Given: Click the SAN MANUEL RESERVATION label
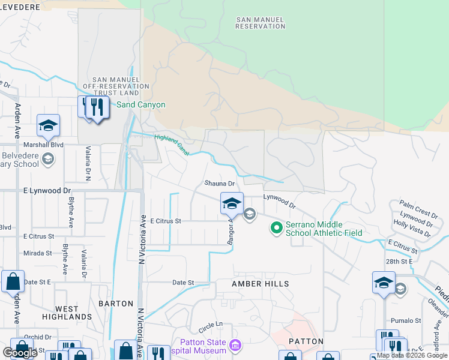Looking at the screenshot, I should point(261,23).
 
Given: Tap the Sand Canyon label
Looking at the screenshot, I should point(140,104).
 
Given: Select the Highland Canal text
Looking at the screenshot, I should point(172,145).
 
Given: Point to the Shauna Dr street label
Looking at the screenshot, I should point(218,184).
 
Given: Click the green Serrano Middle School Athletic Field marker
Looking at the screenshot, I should point(276,228).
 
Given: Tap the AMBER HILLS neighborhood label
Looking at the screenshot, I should point(261,283).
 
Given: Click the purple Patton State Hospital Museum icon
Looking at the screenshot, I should point(235,346).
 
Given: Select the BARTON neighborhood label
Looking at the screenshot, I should point(116,304).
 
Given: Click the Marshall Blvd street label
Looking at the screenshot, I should point(43,145).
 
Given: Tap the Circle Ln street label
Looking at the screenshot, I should point(211,325).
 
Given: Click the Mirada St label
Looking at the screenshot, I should point(38,253).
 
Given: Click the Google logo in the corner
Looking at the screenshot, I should point(20,353).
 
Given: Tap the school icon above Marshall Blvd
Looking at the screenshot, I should point(48,125).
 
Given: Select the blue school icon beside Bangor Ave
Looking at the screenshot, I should point(232,203).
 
